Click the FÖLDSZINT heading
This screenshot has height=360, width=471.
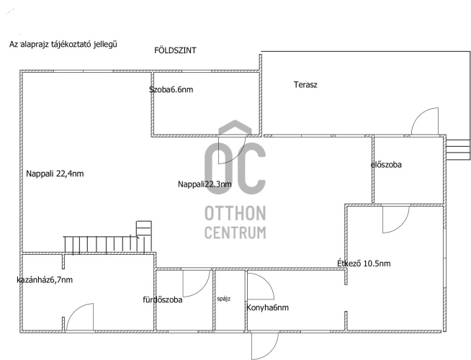click(x=175, y=50)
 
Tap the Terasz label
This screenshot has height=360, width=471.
click(x=305, y=85)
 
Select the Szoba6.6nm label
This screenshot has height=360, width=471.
click(x=171, y=89)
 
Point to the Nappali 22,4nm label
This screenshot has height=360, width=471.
click(x=55, y=174)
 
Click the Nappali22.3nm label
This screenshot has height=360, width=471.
click(x=205, y=184)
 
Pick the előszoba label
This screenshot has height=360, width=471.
click(x=386, y=165)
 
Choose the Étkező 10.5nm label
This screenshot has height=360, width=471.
click(x=364, y=264)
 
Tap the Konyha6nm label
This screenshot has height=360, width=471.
click(x=267, y=307)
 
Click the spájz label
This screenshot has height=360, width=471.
click(x=224, y=299)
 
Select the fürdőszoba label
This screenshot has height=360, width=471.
click(x=163, y=300)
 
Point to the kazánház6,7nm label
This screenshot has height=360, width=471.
click(x=45, y=280)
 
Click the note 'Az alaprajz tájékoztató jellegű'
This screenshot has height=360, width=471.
click(x=63, y=45)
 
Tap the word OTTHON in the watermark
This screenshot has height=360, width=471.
click(x=235, y=213)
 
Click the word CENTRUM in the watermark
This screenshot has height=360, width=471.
click(x=235, y=233)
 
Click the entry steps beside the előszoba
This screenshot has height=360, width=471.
click(x=458, y=150)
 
